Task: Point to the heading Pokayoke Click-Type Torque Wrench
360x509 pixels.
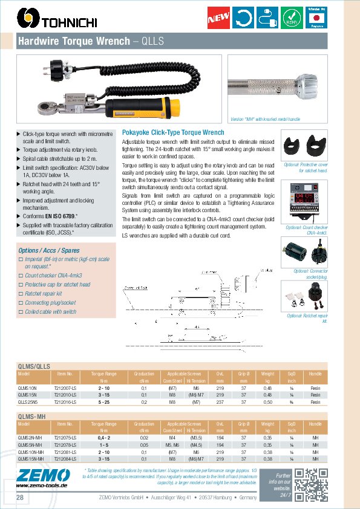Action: click(x=173, y=132)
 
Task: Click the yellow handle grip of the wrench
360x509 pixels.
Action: click(x=163, y=109)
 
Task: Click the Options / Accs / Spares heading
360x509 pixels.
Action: click(x=49, y=250)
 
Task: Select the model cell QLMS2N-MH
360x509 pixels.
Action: click(x=31, y=436)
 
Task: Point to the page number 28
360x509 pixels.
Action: click(x=20, y=497)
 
